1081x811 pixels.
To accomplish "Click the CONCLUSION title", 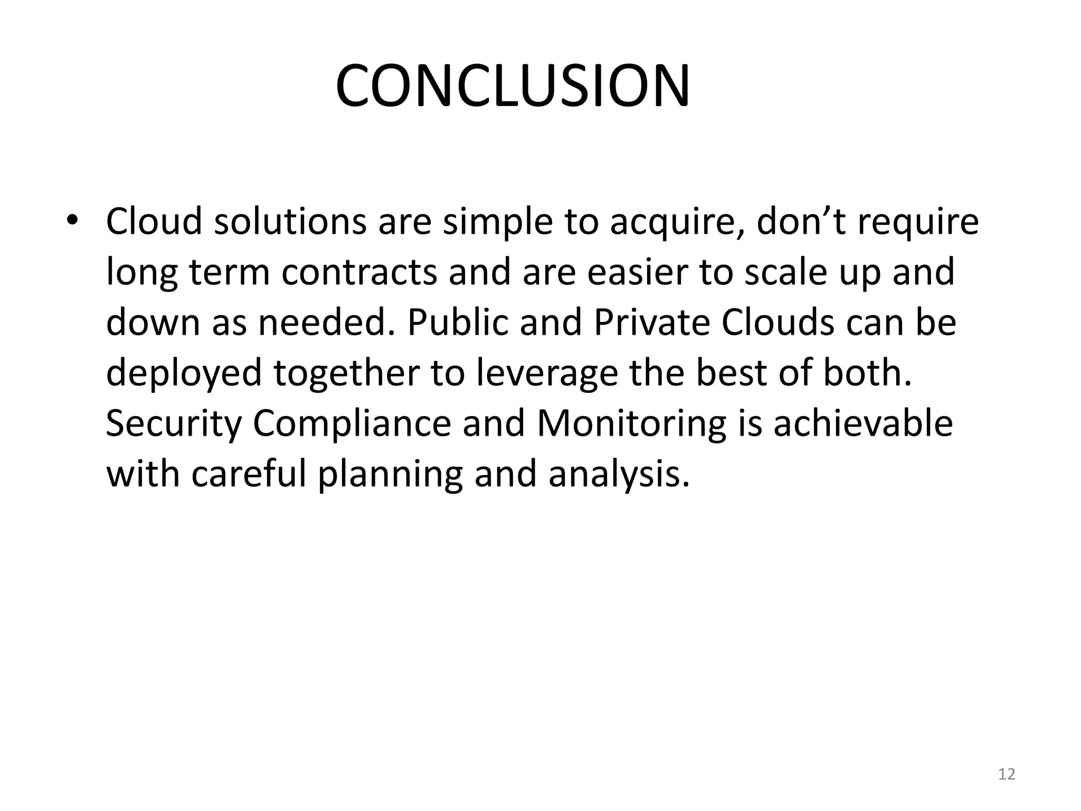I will pos(513,87).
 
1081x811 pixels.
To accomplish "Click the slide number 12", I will pos(1007,774).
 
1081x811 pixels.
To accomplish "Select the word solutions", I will pos(290,221).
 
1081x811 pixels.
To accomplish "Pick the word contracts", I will pos(359,272).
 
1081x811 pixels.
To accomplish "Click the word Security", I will pos(173,424).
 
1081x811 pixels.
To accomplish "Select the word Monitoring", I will pos(631,424).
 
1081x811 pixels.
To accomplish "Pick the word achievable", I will pos(863,423).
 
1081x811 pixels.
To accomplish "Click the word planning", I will pos(390,475).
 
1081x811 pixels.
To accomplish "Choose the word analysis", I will pos(619,475).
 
